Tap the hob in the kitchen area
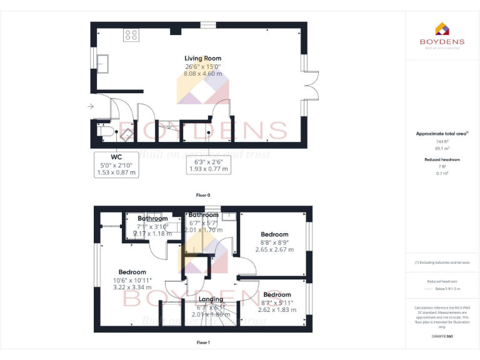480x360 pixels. (x=131, y=34)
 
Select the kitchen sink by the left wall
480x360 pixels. (x=102, y=64)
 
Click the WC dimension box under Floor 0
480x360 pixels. (x=117, y=164)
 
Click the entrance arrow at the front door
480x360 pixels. (x=91, y=107)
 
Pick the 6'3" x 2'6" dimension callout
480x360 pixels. (x=209, y=164)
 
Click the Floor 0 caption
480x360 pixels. (x=202, y=195)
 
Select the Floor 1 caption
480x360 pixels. (x=202, y=342)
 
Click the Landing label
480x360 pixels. (x=211, y=299)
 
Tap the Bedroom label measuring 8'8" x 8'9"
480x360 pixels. (x=274, y=234)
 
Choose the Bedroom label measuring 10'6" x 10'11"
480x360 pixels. (x=132, y=272)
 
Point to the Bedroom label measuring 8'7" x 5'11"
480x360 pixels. (x=277, y=294)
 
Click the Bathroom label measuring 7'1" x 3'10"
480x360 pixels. (x=152, y=219)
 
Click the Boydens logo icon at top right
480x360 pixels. (x=442, y=29)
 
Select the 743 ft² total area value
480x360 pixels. (x=442, y=142)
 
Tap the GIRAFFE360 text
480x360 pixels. (x=442, y=337)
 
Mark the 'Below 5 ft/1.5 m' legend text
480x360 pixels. (x=447, y=289)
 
